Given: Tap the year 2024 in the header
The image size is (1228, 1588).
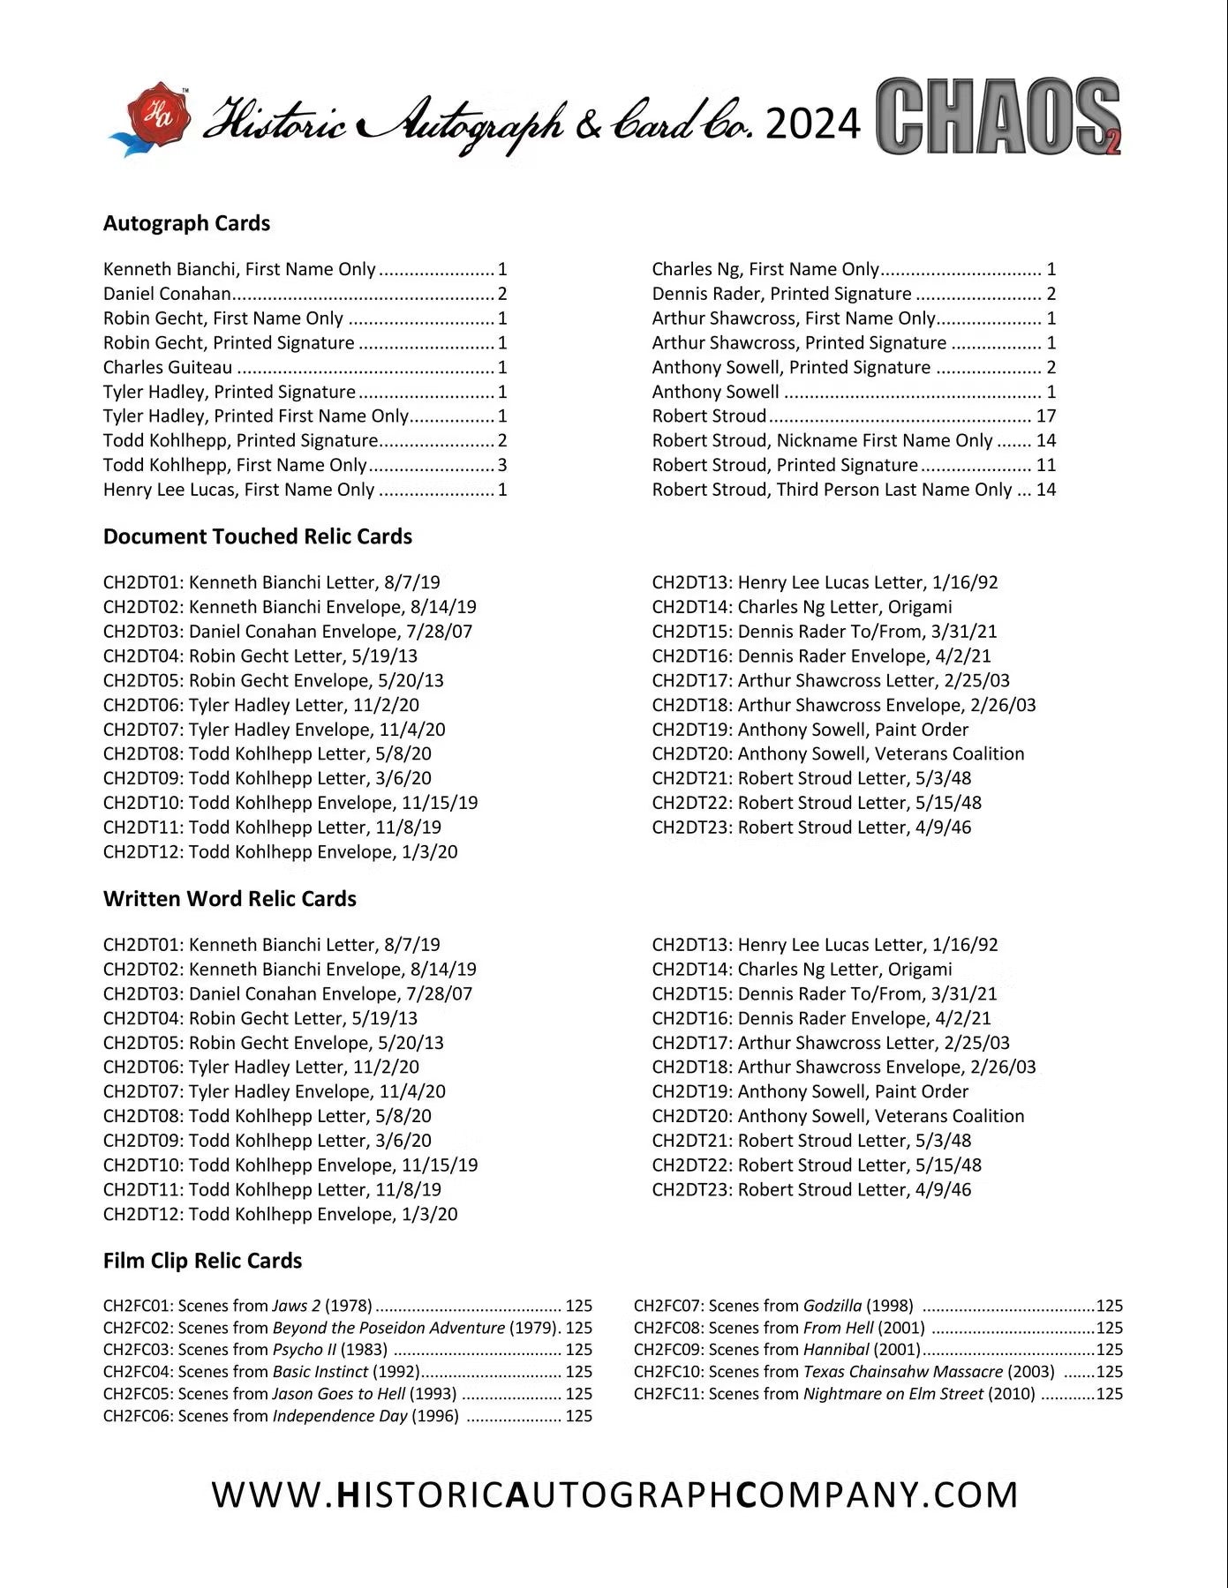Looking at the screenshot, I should point(813,124).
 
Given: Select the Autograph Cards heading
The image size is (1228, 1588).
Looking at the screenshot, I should point(186,223).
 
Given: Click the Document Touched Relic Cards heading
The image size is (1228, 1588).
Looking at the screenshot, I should point(257,536).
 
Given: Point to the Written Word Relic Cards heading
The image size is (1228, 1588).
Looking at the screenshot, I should point(230,899).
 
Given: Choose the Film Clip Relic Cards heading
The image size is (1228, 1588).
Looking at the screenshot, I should point(202,1261).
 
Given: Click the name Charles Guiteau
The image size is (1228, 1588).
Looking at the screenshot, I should point(168,368).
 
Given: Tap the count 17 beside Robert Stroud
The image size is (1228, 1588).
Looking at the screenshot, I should point(1046,416).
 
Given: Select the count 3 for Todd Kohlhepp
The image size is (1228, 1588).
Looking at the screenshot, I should point(502,465).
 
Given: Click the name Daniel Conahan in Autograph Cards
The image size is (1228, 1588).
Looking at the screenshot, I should point(167,294).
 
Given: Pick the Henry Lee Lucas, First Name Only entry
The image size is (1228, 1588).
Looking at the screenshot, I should point(238,490).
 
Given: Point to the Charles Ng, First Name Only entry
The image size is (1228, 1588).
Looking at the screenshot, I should point(765,269).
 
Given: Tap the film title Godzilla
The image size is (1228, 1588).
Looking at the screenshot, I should point(832,1306).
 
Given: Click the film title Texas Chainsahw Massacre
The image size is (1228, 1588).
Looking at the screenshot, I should point(902,1372).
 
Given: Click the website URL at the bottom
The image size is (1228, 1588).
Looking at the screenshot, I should point(614,1494).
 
